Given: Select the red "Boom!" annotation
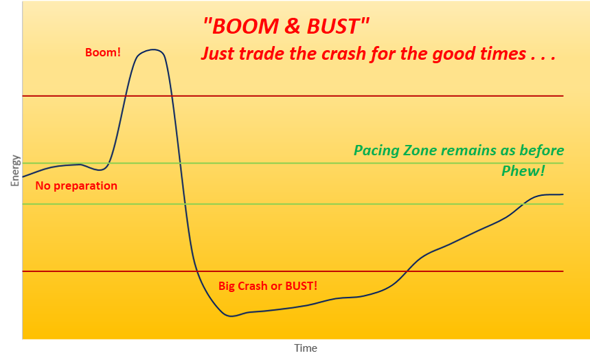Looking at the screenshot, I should click(103, 52).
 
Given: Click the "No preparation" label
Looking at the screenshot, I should click(76, 185).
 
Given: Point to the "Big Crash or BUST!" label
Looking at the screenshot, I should click(268, 286).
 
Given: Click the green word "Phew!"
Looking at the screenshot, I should click(523, 171).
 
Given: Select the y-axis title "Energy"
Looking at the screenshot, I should click(15, 170).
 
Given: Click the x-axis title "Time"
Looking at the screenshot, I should click(306, 348).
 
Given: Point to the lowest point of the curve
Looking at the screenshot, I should click(231, 316).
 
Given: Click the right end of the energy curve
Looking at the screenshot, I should click(563, 194).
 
